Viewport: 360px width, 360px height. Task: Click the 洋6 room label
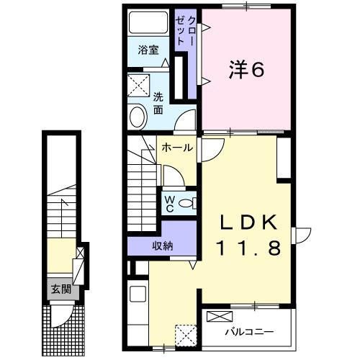coord(248,69)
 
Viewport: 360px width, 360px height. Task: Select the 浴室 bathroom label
coord(148,52)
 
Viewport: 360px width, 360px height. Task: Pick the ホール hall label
coord(176,148)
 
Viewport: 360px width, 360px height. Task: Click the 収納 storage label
coord(161,246)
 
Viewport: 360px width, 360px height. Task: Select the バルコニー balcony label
coord(248,332)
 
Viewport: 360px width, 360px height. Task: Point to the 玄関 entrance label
coord(60,290)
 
